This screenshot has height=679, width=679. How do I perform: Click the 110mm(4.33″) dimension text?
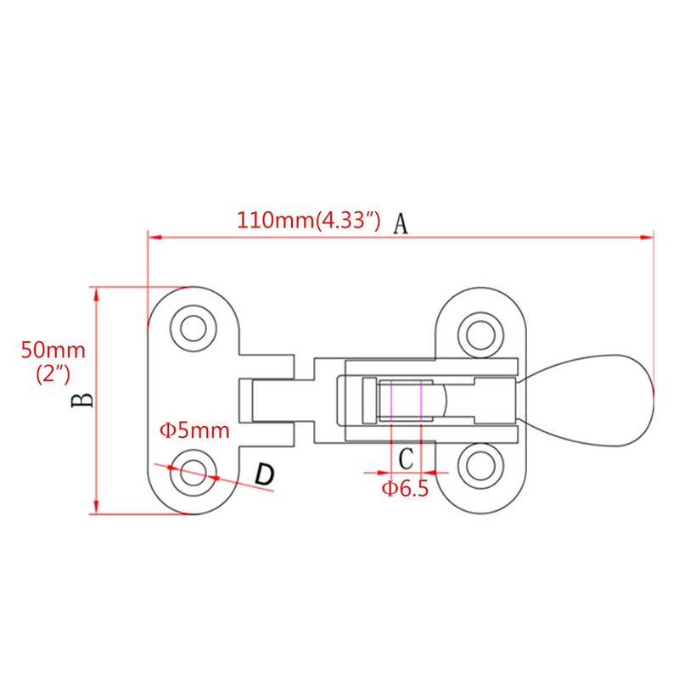click(x=306, y=222)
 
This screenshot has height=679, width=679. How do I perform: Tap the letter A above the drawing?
click(x=401, y=223)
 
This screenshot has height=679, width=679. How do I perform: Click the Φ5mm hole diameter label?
click(x=195, y=430)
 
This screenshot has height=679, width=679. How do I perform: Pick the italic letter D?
click(x=265, y=475)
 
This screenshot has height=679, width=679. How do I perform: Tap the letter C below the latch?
click(x=407, y=458)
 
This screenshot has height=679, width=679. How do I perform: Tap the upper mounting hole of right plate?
click(x=480, y=331)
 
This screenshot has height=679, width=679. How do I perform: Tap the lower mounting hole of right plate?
click(x=480, y=465)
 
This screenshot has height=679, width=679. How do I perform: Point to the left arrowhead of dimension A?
click(x=154, y=238)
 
